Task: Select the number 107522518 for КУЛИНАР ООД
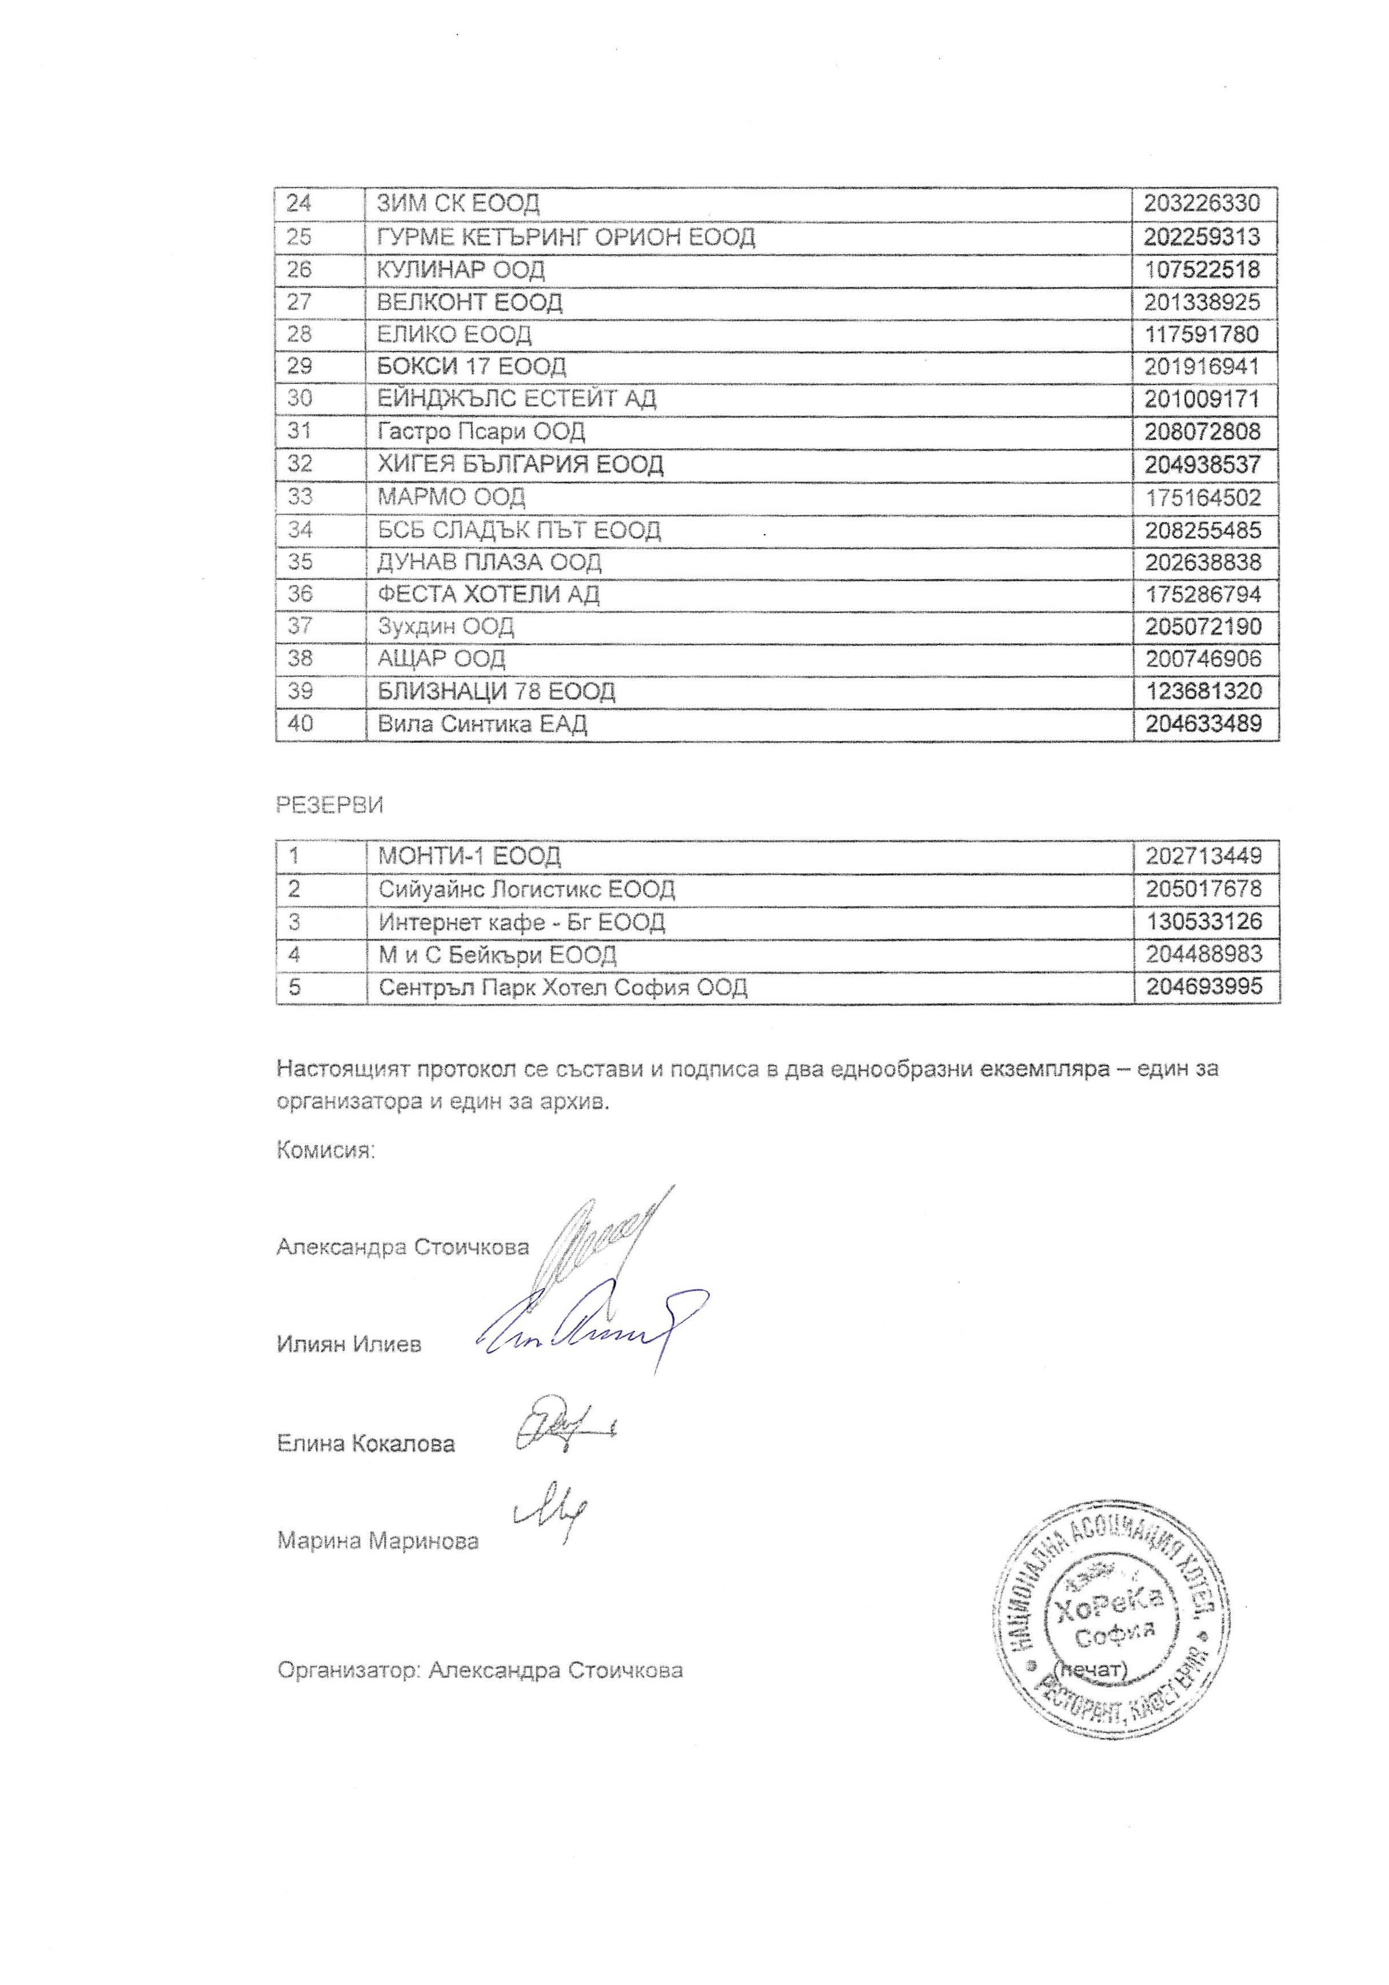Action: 1202,269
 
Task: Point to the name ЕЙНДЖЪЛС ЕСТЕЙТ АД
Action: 516,399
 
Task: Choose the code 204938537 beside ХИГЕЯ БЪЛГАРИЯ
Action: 1202,465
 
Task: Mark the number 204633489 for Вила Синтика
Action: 1202,723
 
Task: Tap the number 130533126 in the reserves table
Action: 1202,922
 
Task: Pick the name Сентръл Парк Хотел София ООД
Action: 562,986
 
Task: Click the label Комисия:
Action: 326,1151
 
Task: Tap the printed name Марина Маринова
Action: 377,1540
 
